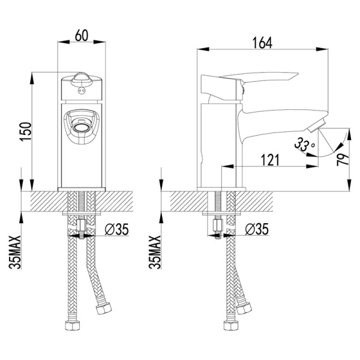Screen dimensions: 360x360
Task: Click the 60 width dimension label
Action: [82, 35]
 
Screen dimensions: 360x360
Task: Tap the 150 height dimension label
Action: [26, 132]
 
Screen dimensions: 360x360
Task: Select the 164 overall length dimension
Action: [262, 43]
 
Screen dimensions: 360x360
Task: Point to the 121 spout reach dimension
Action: [270, 160]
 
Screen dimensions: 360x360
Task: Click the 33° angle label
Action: [304, 144]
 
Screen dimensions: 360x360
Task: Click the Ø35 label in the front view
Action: [116, 229]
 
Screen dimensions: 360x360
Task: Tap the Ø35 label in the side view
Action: [257, 229]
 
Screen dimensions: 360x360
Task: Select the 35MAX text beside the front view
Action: [15, 252]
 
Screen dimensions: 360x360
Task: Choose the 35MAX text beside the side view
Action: [155, 252]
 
